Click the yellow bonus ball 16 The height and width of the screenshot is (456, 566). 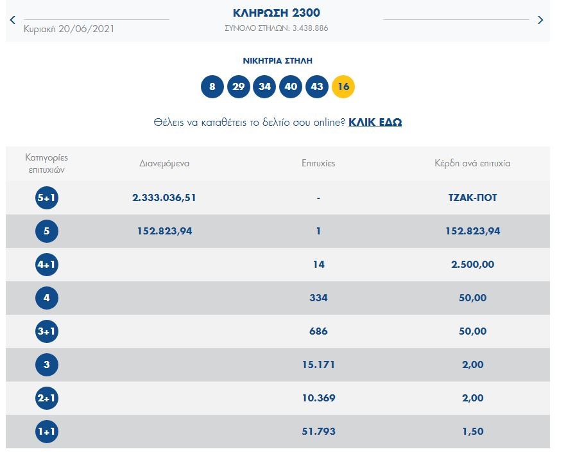[x=343, y=87]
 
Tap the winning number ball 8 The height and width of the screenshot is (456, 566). [x=212, y=87]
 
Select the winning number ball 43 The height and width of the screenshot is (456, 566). [x=317, y=87]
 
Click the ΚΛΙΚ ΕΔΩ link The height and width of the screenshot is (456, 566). [x=375, y=122]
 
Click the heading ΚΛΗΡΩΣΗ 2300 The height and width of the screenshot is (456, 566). [x=277, y=13]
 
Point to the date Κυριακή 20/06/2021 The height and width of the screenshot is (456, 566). [x=69, y=29]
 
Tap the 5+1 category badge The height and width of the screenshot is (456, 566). [x=47, y=198]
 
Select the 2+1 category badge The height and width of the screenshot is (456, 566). [x=47, y=398]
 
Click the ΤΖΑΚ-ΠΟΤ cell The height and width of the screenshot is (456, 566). [x=473, y=198]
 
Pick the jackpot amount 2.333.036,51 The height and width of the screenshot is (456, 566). [x=164, y=198]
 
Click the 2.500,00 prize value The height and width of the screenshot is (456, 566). [x=473, y=265]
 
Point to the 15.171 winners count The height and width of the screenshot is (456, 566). [x=318, y=365]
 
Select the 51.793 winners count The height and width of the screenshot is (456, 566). [x=318, y=432]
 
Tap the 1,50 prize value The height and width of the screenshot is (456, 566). [x=473, y=432]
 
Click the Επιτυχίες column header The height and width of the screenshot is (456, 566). [x=318, y=163]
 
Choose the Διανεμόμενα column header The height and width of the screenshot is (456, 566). [x=164, y=163]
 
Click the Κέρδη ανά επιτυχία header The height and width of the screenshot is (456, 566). [x=473, y=163]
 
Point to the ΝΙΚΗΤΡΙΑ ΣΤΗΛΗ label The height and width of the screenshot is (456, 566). [x=277, y=61]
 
